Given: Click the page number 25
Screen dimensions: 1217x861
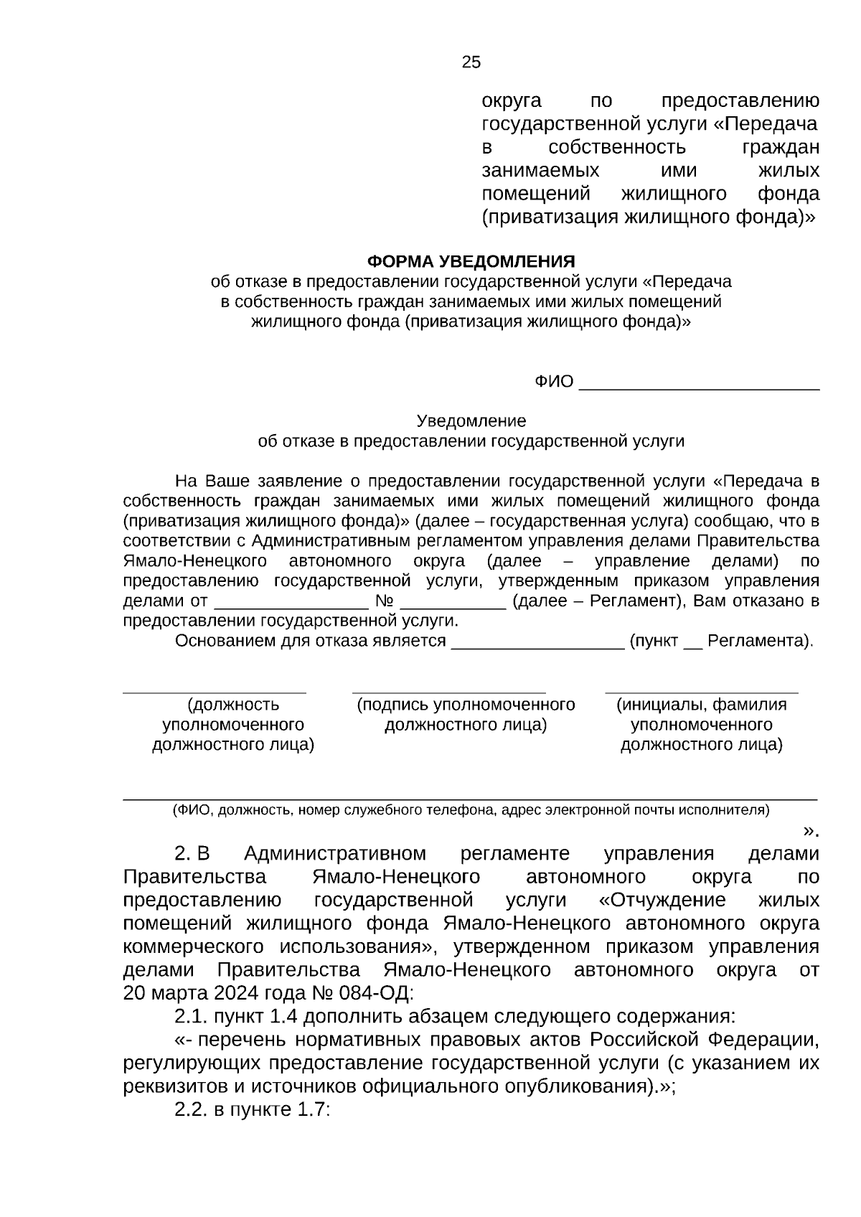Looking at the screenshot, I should point(471,62).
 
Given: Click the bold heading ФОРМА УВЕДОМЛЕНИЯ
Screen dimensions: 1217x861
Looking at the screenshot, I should point(471,261).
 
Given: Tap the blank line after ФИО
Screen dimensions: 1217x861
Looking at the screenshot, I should point(699,387).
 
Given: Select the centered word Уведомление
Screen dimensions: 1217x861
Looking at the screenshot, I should point(471,420).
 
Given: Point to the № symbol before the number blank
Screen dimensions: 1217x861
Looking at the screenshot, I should point(385,601).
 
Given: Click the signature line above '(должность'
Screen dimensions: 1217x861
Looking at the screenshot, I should point(215,692).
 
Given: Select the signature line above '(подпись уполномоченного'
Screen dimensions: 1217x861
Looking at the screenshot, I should point(449,692).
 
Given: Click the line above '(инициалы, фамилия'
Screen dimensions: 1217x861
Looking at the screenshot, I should point(701,692).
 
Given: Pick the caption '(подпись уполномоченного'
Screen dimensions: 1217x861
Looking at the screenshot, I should point(466,705).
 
